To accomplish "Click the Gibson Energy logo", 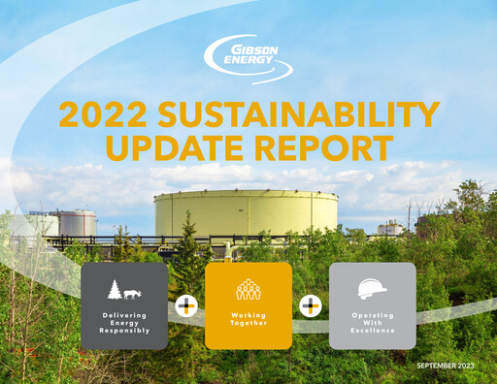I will click(248, 60).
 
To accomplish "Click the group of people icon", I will click(248, 289).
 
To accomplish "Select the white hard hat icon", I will click(373, 288).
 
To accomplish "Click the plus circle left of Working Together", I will click(186, 306).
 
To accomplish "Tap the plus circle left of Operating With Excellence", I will click(311, 306).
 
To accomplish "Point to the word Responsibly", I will click(124, 331).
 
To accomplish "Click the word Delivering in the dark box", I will click(124, 315).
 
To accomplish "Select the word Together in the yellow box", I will click(248, 323).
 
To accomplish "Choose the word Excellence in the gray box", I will click(373, 331).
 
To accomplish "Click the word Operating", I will click(373, 315).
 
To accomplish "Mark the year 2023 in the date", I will click(470, 366).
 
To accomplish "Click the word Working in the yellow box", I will click(248, 315).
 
